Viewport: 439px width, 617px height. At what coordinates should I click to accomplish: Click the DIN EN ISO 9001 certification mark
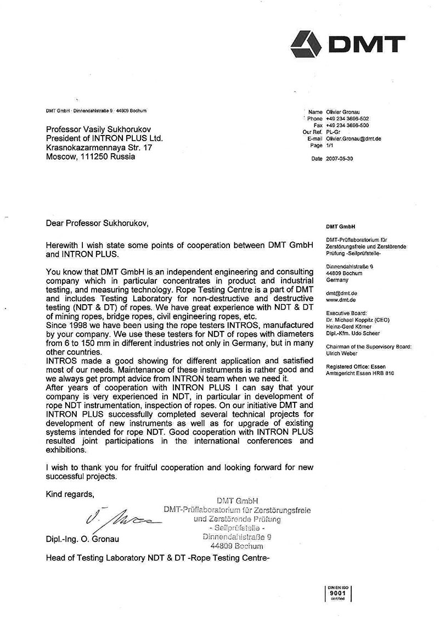337,593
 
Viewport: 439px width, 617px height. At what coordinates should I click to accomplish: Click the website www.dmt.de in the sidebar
339,301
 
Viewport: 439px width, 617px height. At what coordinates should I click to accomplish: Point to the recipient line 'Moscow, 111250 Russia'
89,157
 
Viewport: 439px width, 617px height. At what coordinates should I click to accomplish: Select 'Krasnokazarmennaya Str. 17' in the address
99,148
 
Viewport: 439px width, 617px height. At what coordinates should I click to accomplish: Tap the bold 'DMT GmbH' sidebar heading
340,226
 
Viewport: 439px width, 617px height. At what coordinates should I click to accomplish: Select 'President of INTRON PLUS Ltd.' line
104,138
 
